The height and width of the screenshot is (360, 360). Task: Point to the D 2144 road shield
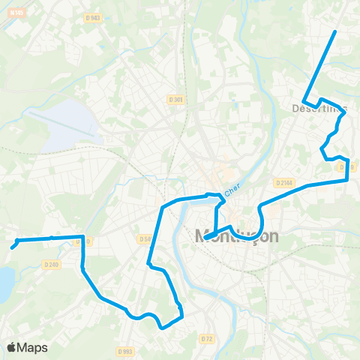pyautogui.click(x=283, y=182)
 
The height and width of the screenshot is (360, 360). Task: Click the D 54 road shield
pyautogui.click(x=144, y=238)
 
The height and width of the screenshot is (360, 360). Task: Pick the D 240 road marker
pyautogui.click(x=51, y=264)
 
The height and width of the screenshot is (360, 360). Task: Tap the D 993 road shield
pyautogui.click(x=125, y=350)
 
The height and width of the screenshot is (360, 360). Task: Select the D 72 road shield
pyautogui.click(x=206, y=339)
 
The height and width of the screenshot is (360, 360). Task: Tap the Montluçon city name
pyautogui.click(x=236, y=236)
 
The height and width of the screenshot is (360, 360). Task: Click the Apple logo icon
pyautogui.click(x=11, y=347)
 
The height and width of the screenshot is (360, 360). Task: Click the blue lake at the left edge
pyautogui.click(x=4, y=283)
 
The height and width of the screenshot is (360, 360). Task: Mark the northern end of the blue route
pyautogui.click(x=334, y=31)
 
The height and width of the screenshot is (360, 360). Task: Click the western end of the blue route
pyautogui.click(x=13, y=247)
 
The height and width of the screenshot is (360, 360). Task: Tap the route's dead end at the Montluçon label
pyautogui.click(x=205, y=239)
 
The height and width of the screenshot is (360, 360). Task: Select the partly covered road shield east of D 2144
pyautogui.click(x=346, y=166)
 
